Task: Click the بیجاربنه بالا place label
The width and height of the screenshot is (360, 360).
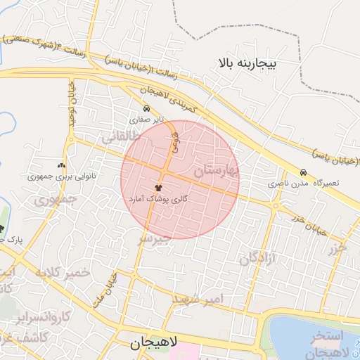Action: pyautogui.click(x=248, y=64)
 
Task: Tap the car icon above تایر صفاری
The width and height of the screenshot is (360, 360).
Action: pyautogui.click(x=146, y=109)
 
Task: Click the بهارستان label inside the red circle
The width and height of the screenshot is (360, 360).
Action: pyautogui.click(x=216, y=169)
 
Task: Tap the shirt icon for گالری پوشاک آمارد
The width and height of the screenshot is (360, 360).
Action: pyautogui.click(x=157, y=188)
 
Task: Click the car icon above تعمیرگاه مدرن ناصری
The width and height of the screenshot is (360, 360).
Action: pyautogui.click(x=303, y=172)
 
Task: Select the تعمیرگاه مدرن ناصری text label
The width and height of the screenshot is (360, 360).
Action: pyautogui.click(x=304, y=184)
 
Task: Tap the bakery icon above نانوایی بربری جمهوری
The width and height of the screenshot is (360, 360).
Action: pyautogui.click(x=69, y=165)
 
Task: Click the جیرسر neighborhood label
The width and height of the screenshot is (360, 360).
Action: pyautogui.click(x=154, y=238)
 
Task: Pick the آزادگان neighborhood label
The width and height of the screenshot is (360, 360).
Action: pyautogui.click(x=258, y=258)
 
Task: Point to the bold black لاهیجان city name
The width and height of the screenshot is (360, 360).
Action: pyautogui.click(x=154, y=343)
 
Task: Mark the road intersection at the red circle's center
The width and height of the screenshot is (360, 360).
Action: pyautogui.click(x=164, y=174)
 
